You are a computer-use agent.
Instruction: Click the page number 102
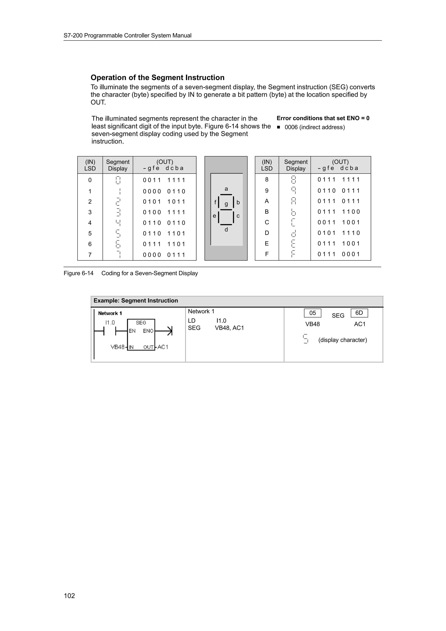69,596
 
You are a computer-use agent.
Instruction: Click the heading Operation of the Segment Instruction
157,78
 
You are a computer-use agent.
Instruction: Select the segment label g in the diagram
226,204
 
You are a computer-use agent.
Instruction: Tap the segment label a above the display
226,189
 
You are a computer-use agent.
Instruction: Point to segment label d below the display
226,229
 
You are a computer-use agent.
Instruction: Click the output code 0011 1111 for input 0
164,180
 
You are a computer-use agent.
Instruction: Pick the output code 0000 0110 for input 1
164,191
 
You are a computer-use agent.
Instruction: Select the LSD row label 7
90,255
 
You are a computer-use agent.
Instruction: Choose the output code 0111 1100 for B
339,212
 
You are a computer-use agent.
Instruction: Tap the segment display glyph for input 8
294,180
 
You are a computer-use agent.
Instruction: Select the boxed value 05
313,313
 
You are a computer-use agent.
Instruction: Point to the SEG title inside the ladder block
141,323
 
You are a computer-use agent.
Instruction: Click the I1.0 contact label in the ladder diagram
110,322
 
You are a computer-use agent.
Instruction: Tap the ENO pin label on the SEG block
148,331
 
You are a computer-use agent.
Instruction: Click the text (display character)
342,340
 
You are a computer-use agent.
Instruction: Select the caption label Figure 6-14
79,273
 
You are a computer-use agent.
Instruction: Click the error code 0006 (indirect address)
315,127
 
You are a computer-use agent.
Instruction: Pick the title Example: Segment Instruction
136,301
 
